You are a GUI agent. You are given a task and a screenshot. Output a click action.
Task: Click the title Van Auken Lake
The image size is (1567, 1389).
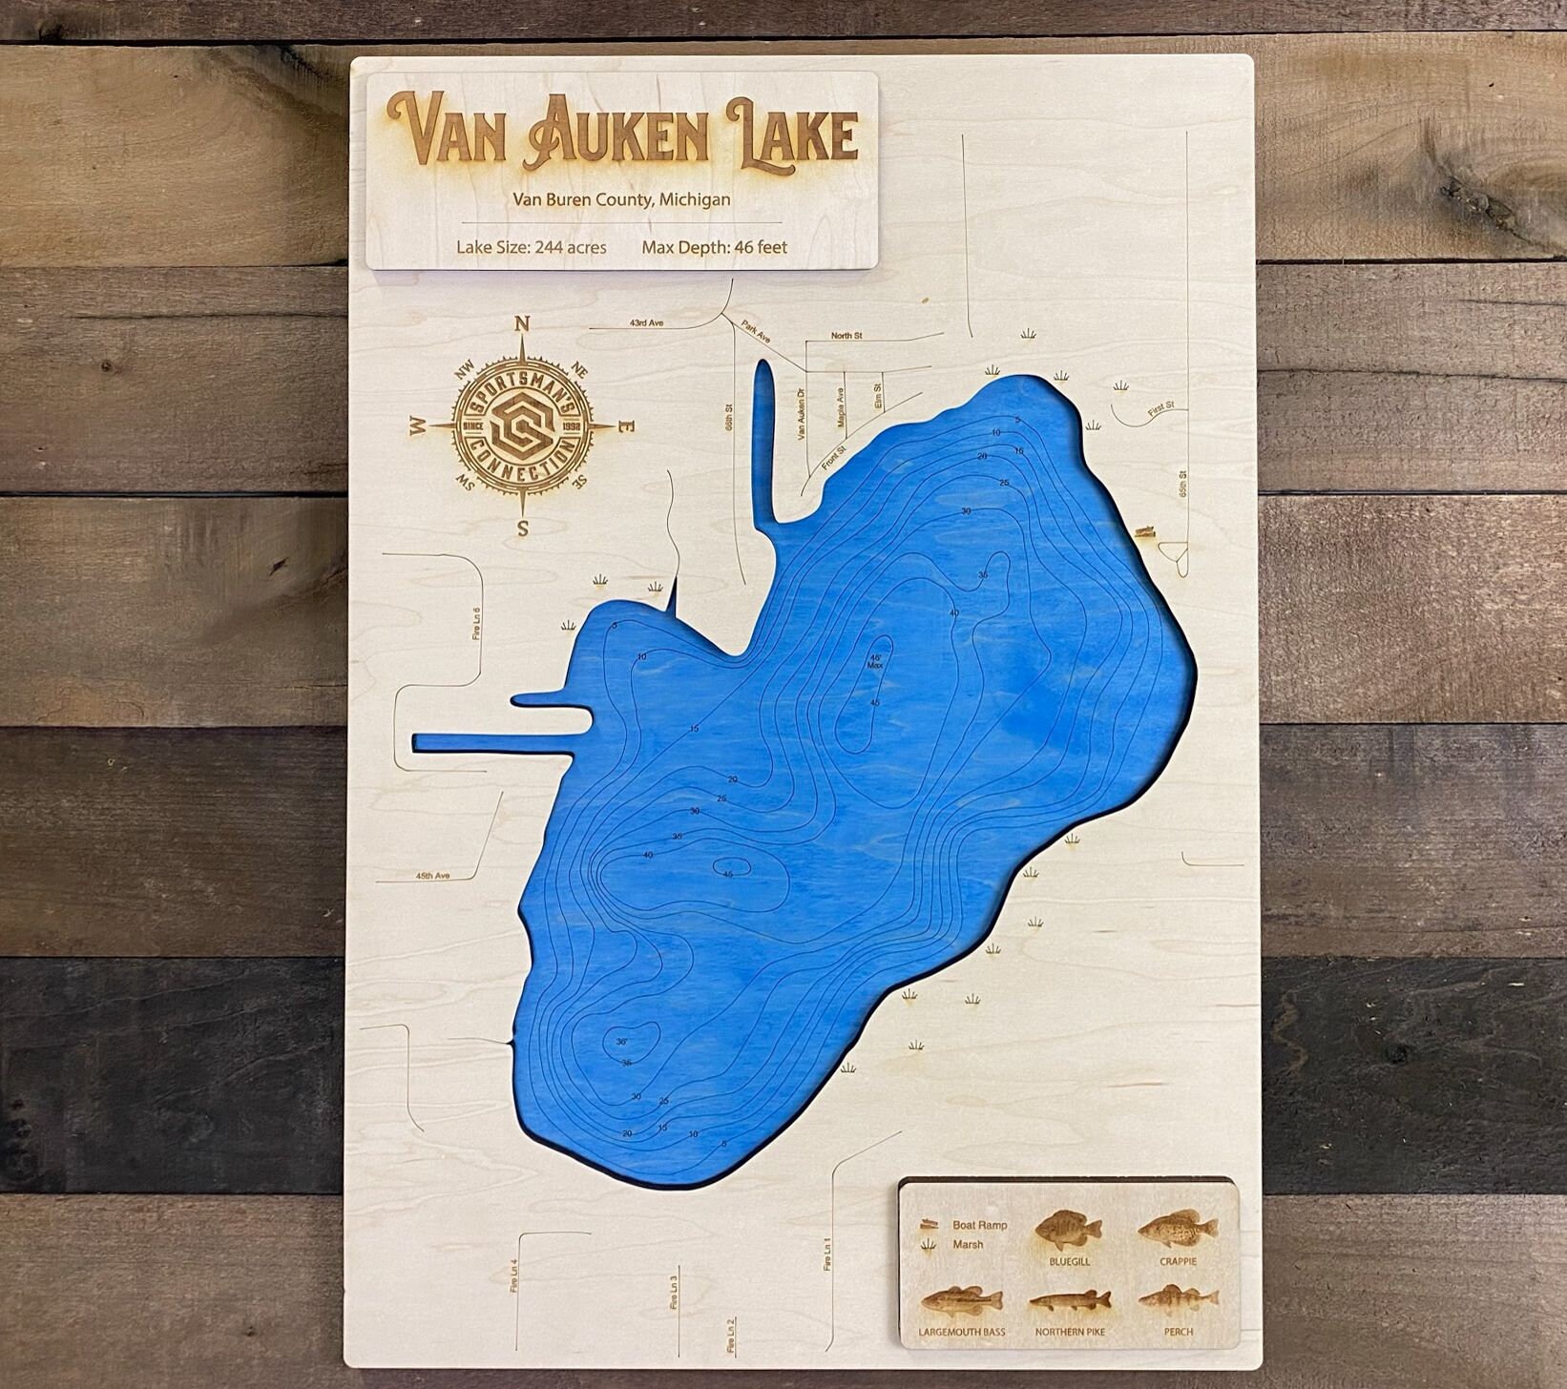625,134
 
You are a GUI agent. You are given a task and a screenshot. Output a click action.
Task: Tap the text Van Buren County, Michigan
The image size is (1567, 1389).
621,199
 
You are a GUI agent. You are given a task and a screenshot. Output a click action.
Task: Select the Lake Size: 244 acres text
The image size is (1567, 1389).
532,247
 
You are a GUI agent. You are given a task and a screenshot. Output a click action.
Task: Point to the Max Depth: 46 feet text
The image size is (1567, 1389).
715,247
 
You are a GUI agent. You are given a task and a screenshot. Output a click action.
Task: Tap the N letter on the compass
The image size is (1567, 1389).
522,324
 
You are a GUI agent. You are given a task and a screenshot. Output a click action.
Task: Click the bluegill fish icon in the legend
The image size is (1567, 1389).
1068,1231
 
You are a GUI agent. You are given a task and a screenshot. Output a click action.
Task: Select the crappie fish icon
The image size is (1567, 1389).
1178,1228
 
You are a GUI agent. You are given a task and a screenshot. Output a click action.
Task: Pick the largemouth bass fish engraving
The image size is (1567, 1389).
962,1301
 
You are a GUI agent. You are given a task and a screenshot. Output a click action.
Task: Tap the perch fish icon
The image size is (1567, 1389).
1179,1299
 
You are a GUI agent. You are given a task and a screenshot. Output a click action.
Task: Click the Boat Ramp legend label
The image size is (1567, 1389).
979,1225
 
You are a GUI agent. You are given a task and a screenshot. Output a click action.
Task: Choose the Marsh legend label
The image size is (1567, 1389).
968,1244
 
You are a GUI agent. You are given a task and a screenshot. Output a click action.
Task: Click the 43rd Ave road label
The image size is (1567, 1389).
646,323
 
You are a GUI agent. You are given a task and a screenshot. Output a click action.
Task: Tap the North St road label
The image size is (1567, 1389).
846,336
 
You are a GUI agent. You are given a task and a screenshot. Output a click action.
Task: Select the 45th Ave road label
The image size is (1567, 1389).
432,875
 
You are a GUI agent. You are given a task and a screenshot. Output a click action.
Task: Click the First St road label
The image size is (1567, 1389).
1161,406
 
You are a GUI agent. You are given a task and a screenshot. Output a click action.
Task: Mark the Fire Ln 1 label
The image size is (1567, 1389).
827,1252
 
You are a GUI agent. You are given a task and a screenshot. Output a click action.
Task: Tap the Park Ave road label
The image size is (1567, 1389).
756,332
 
